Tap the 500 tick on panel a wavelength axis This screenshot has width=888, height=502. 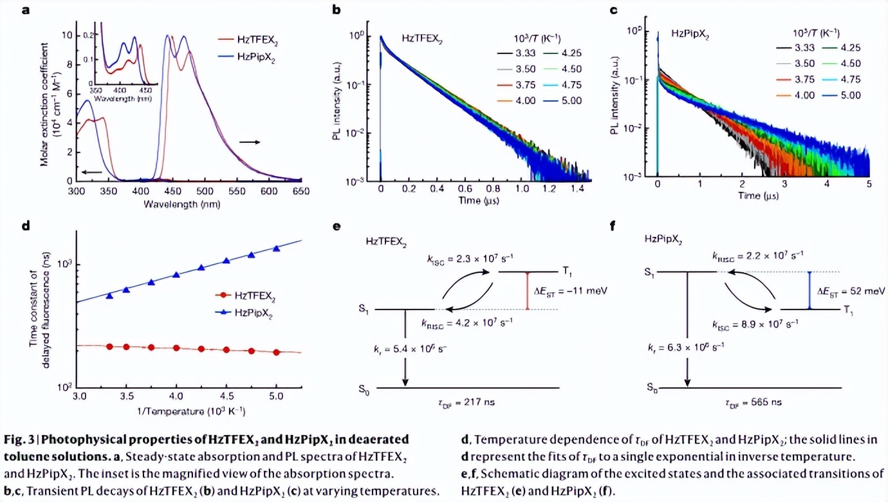click(205, 192)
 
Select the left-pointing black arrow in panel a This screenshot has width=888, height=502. click(92, 172)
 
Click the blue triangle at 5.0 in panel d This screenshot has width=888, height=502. click(277, 248)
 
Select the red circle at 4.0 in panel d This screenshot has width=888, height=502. click(176, 348)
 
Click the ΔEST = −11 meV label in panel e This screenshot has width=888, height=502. click(571, 291)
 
